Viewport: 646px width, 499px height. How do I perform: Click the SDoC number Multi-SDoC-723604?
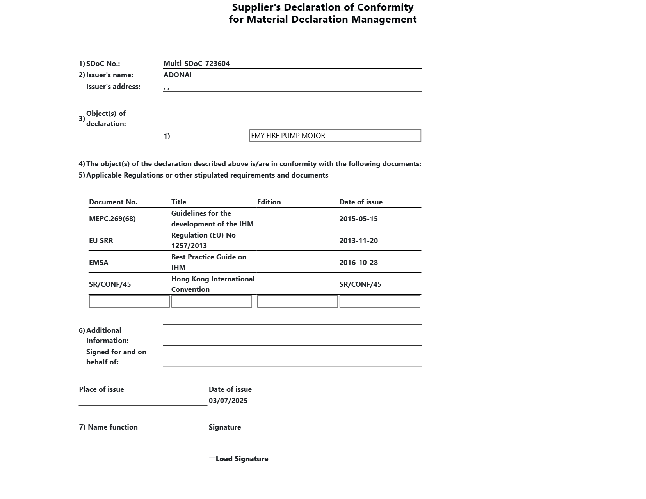(x=196, y=64)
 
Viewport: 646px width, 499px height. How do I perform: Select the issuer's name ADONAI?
(x=178, y=75)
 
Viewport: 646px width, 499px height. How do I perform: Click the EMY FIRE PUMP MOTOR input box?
(x=335, y=136)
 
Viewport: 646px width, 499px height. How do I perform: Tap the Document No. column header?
(x=113, y=202)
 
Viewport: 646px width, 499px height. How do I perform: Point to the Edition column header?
(x=269, y=202)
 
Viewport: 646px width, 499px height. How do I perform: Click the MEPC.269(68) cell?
(x=112, y=219)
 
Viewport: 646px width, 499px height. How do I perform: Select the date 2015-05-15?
(x=358, y=219)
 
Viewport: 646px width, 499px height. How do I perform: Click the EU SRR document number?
(x=101, y=241)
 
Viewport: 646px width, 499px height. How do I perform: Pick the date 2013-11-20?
(x=358, y=241)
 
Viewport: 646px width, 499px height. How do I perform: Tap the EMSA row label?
(x=98, y=263)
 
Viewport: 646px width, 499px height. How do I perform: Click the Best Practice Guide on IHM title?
(x=208, y=262)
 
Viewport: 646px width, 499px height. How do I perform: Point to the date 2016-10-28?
(x=358, y=263)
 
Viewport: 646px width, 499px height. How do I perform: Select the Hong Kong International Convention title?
(x=213, y=284)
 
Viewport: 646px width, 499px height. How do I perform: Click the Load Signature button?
(x=239, y=459)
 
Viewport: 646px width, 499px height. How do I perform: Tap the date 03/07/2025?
(x=228, y=401)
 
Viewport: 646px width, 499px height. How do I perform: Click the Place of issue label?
(x=101, y=389)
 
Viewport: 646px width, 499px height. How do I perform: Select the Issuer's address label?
(x=113, y=87)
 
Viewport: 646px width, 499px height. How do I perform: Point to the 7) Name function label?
(x=108, y=427)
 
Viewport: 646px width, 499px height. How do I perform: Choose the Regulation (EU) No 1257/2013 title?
(x=203, y=240)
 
